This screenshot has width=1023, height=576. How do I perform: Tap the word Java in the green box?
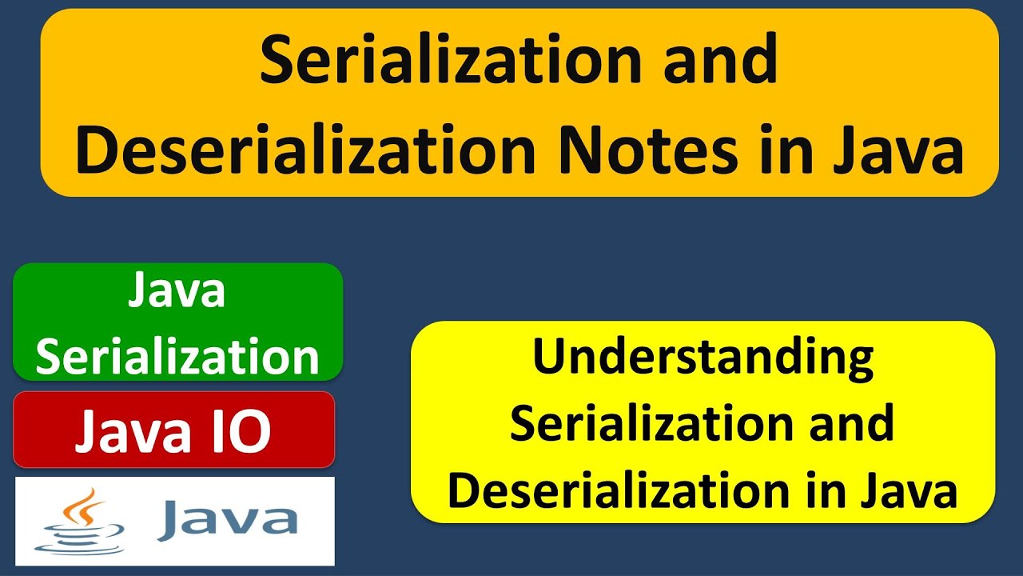point(177,291)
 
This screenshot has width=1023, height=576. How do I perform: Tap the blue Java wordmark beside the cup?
point(228,520)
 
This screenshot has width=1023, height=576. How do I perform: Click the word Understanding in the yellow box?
point(703,358)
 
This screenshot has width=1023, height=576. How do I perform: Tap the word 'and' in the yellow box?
point(850,423)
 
